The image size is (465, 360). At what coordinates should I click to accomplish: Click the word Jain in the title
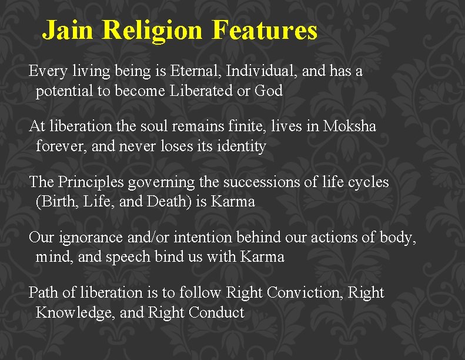[x=68, y=30]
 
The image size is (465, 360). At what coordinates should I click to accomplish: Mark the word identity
[x=242, y=146]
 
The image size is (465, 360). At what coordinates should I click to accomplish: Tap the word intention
[x=205, y=238]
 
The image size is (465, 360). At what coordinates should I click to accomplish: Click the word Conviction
[x=303, y=292]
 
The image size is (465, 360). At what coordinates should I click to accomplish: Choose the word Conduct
[x=216, y=312]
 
